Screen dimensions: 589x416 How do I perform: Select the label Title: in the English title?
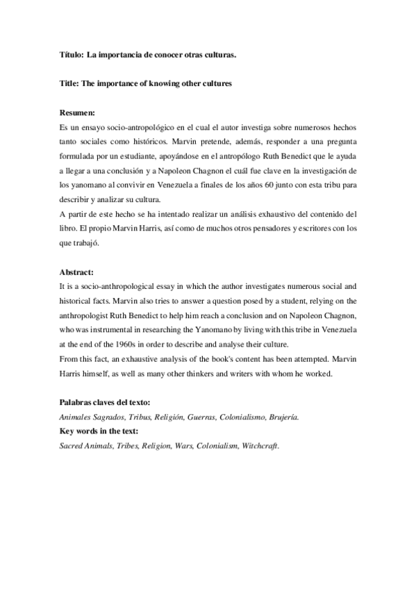pyautogui.click(x=69, y=83)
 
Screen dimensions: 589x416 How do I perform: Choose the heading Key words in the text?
pyautogui.click(x=99, y=431)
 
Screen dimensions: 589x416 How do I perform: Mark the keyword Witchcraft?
pyautogui.click(x=260, y=445)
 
